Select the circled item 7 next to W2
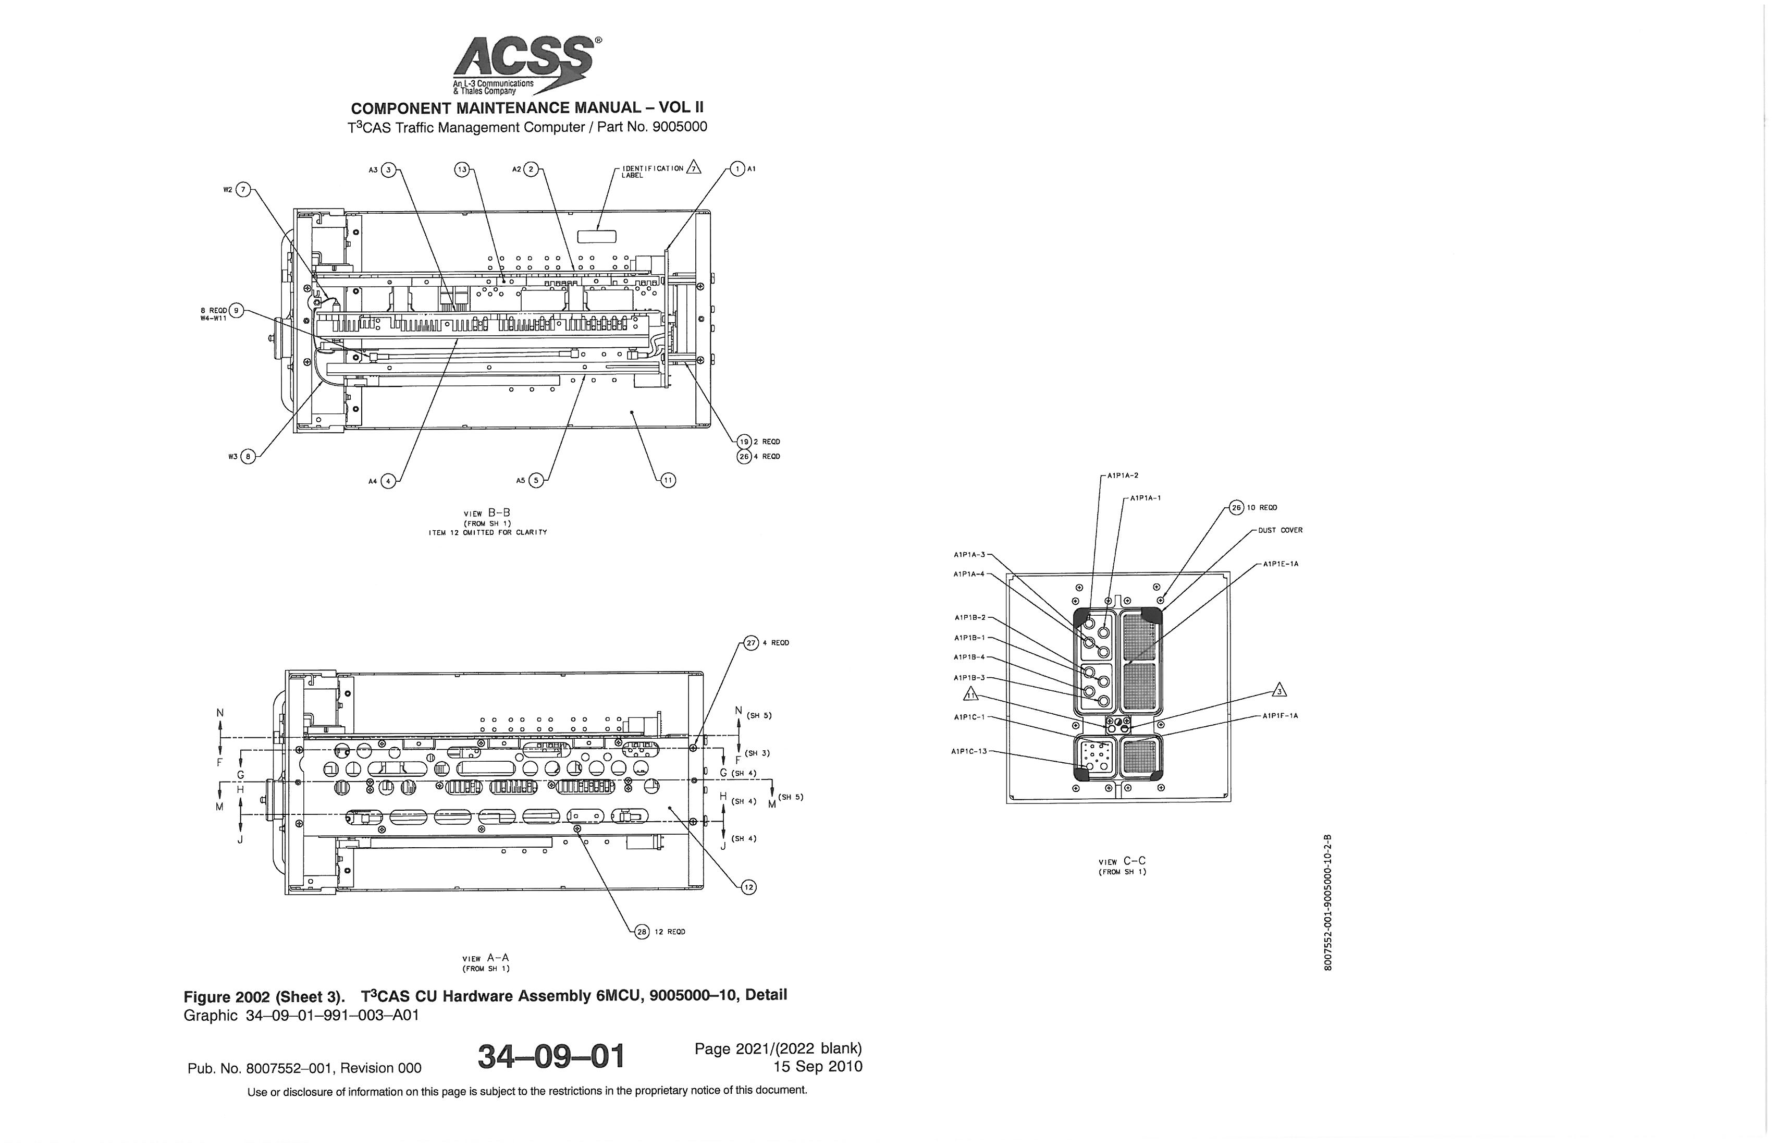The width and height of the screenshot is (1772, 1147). (245, 190)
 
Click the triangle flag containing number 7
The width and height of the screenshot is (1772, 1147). (694, 167)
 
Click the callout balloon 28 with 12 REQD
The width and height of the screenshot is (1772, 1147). (642, 932)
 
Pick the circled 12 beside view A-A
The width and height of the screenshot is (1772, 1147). (748, 887)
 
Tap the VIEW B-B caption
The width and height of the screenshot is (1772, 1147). (487, 513)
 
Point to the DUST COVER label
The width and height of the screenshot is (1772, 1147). (1280, 530)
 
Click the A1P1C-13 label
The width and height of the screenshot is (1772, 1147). (969, 751)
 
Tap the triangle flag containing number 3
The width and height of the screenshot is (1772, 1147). (1279, 690)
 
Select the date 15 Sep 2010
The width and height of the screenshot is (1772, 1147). (818, 1067)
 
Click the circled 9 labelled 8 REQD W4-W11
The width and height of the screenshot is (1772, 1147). (237, 311)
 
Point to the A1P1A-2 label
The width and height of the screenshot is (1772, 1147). (1122, 475)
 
